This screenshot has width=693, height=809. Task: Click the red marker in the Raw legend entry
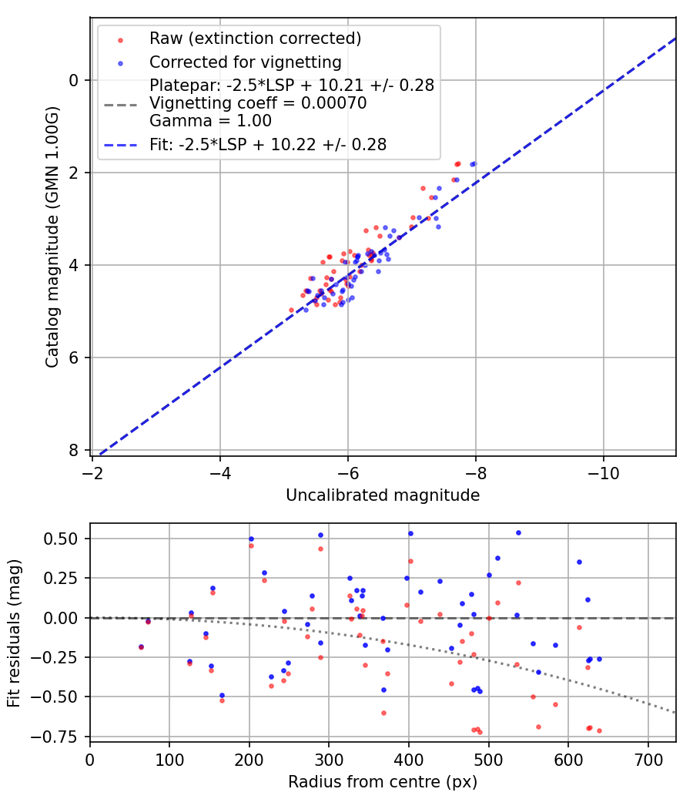coord(119,39)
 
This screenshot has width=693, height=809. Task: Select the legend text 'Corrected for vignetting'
coord(246,62)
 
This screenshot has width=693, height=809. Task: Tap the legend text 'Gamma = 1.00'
coord(210,120)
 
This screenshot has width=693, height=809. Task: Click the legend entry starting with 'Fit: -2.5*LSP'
coord(267,144)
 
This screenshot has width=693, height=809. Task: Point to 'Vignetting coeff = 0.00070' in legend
coord(258,103)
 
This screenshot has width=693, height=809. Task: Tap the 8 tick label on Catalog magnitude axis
coord(74,450)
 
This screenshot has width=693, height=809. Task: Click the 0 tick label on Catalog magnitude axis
coord(74,80)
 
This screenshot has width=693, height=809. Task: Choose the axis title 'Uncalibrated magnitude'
coord(383,495)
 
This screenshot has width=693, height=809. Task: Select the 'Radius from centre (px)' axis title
coord(383,782)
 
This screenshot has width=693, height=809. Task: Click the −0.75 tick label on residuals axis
coord(62,737)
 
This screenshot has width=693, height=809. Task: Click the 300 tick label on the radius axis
coord(329,758)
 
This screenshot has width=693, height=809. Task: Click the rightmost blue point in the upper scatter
coord(474,163)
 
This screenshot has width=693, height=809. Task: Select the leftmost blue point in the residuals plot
coord(141,646)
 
